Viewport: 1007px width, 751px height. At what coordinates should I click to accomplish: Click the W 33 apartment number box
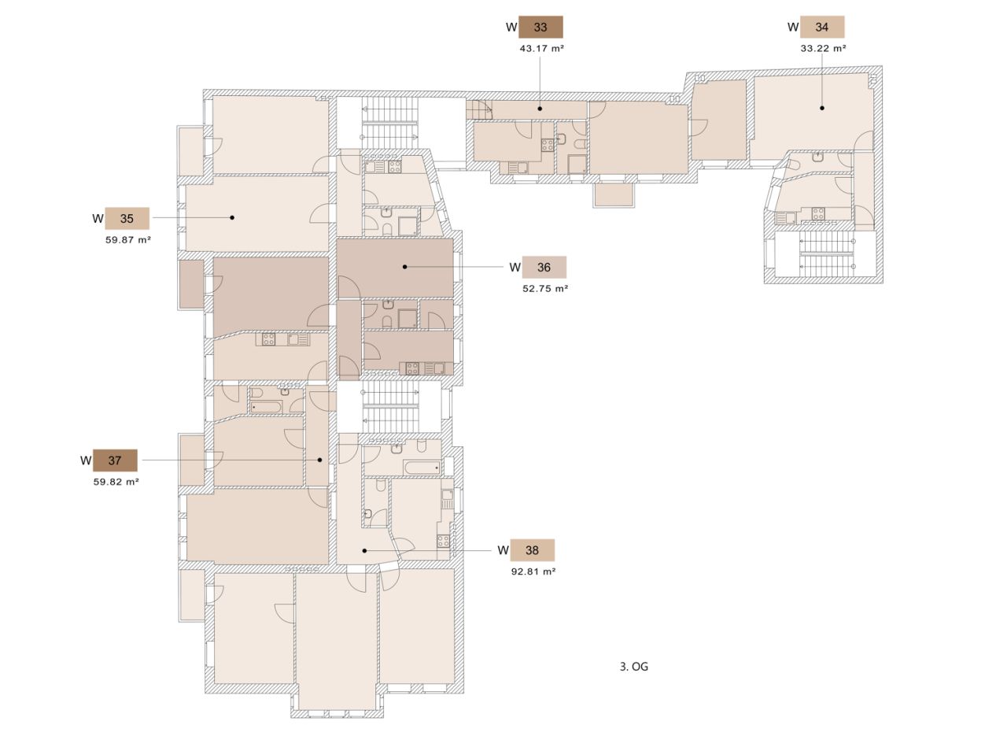click(x=540, y=27)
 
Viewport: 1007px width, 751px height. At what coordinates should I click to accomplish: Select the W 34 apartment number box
click(x=822, y=27)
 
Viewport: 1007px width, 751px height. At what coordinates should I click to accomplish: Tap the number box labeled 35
click(x=127, y=219)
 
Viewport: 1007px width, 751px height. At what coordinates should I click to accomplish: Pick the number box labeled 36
click(x=544, y=267)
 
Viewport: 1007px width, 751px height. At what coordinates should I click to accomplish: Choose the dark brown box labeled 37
click(x=115, y=461)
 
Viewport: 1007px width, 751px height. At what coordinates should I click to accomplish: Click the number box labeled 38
click(x=532, y=550)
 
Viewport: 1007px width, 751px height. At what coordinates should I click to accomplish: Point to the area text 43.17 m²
click(x=541, y=48)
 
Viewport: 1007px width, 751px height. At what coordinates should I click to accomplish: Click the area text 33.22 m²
click(x=823, y=48)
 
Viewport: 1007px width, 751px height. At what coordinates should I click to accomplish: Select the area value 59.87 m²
click(x=127, y=239)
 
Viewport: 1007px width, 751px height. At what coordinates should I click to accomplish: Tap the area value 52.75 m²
click(x=545, y=288)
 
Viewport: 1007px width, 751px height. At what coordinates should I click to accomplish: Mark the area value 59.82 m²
click(x=116, y=481)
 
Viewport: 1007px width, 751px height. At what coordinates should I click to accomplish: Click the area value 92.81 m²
click(x=533, y=572)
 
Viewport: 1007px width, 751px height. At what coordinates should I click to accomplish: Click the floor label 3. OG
click(x=634, y=667)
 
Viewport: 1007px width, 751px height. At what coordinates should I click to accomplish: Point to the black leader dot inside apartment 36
click(x=405, y=267)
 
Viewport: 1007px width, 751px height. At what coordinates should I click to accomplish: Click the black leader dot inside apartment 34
click(x=822, y=108)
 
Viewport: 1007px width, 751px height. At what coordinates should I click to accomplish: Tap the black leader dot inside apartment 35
click(x=233, y=217)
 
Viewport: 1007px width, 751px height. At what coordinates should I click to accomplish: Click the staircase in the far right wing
click(x=826, y=253)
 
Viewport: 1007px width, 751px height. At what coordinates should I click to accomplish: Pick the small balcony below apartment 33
click(x=614, y=194)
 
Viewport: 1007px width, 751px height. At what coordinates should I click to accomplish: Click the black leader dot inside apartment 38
click(x=365, y=550)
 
